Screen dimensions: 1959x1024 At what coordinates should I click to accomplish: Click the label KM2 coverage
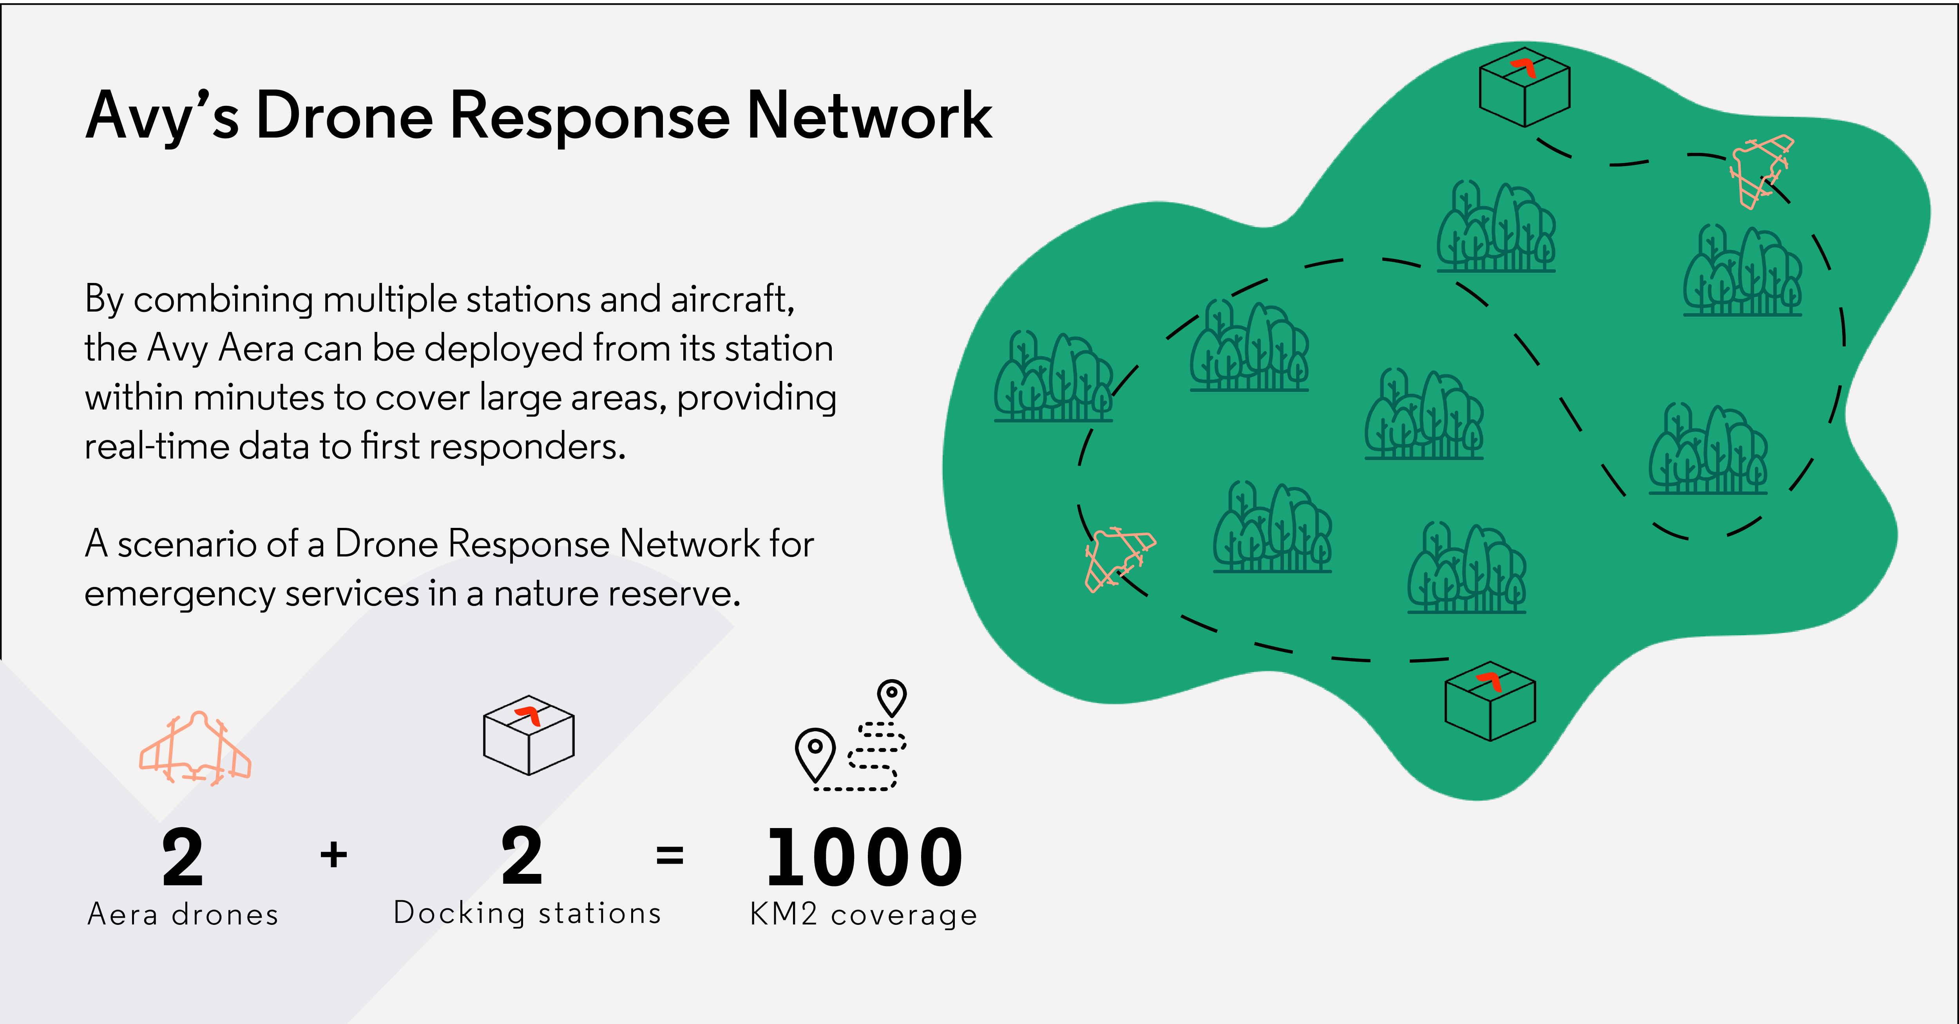pyautogui.click(x=863, y=914)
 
